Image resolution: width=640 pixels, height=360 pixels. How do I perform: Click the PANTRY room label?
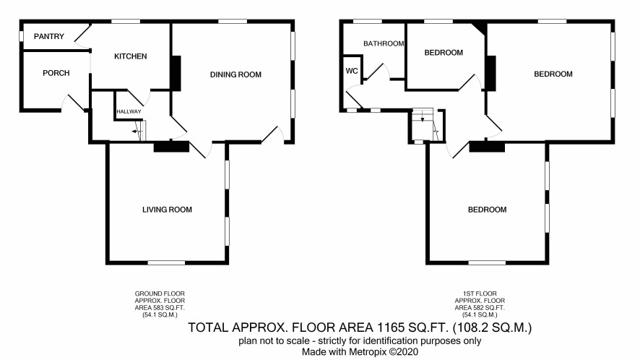49,36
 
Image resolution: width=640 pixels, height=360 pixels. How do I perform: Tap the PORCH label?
56,73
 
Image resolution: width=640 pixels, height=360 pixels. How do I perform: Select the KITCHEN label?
130,56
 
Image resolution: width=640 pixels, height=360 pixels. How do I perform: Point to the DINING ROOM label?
235,74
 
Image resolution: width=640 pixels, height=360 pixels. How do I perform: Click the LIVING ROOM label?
167,210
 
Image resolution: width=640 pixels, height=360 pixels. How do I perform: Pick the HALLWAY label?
129,111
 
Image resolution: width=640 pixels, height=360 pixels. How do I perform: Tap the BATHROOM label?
384,43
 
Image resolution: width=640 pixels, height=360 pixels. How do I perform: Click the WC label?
352,71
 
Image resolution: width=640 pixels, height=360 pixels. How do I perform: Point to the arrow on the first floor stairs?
423,119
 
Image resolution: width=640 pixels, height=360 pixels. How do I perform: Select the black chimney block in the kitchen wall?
176,73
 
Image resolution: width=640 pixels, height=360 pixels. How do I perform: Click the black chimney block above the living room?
171,147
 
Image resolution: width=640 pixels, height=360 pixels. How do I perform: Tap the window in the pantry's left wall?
21,36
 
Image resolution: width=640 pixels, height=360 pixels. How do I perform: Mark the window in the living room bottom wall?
166,262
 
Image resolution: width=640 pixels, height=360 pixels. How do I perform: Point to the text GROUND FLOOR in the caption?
160,293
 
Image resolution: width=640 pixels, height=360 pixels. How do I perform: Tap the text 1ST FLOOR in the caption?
480,293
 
